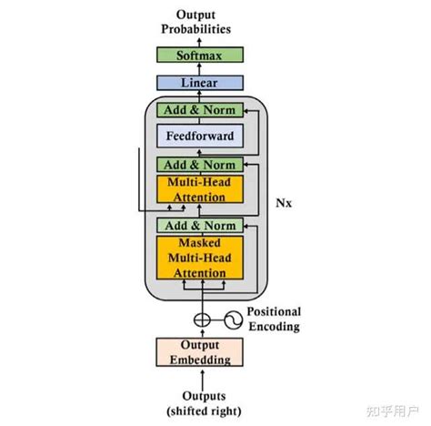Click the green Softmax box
click(x=198, y=55)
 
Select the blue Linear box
click(x=198, y=83)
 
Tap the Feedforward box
click(x=198, y=137)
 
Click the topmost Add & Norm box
click(x=198, y=110)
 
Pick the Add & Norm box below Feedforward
click(x=198, y=165)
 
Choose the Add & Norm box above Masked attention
click(x=198, y=225)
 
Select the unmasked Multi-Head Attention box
click(x=198, y=189)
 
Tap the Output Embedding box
click(x=198, y=351)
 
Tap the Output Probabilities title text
click(x=198, y=21)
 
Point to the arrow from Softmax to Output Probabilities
click(x=198, y=41)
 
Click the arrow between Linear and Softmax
click(x=198, y=69)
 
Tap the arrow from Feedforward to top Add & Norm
click(x=198, y=123)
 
